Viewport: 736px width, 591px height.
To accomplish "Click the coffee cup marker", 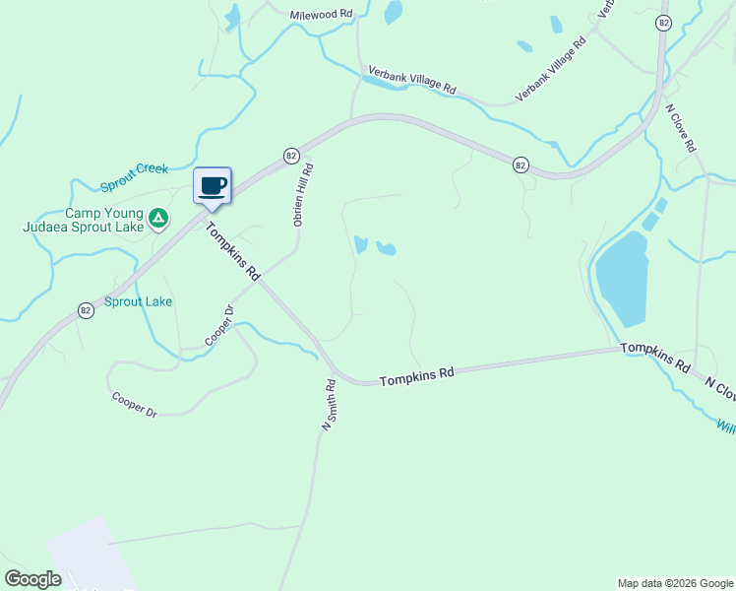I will (x=212, y=185).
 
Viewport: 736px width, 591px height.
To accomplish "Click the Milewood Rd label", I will (x=321, y=15).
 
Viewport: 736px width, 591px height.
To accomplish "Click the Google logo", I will (x=32, y=579).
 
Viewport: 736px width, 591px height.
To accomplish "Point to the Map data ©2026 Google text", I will (x=675, y=583).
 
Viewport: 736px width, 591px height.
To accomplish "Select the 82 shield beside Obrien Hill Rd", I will (x=291, y=156).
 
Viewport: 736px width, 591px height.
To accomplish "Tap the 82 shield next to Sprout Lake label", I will (x=87, y=310).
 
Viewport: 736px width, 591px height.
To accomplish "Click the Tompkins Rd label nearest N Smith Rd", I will (x=417, y=375).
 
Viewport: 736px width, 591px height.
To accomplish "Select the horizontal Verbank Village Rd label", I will (x=412, y=81).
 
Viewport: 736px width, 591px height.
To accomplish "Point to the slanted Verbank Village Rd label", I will (x=551, y=70).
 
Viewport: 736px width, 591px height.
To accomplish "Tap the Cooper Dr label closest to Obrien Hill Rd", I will (x=219, y=325).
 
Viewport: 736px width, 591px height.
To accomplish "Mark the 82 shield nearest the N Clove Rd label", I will (x=664, y=22).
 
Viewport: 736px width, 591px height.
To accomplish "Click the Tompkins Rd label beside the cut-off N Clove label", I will (x=654, y=357).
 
